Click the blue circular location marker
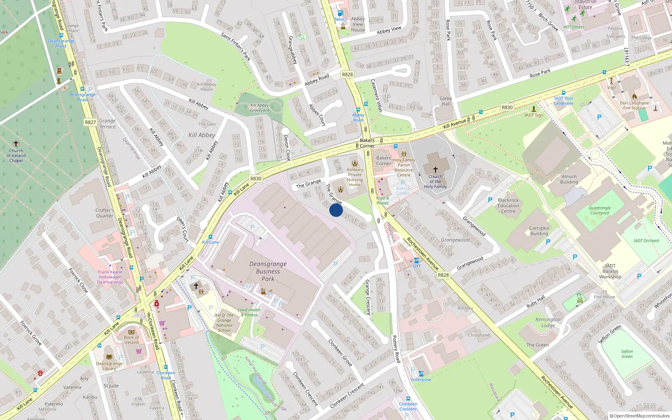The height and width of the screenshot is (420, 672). click(336, 210)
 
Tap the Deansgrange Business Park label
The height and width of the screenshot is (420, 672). click(268, 271)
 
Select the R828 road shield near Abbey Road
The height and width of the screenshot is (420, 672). click(347, 74)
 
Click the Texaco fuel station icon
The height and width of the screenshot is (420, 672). click(341, 13)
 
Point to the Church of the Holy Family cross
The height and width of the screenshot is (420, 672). click(436, 169)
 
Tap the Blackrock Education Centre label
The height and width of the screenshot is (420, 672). click(508, 206)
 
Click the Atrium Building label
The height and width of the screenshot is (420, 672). click(569, 179)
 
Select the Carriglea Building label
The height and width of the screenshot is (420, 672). click(539, 231)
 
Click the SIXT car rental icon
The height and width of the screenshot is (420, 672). click(416, 260)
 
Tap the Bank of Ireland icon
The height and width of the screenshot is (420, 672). click(131, 331)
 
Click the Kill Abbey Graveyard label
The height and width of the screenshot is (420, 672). click(260, 108)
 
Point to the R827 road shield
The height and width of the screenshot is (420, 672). click(90, 122)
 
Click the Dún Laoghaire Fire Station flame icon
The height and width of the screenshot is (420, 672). click(634, 97)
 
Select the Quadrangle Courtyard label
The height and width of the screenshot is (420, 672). click(599, 210)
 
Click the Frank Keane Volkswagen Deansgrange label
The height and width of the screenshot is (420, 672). click(110, 277)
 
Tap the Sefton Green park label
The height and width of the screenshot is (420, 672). click(627, 354)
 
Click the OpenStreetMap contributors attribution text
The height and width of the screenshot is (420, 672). click(640, 416)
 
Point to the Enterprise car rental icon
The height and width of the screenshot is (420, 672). click(421, 373)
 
